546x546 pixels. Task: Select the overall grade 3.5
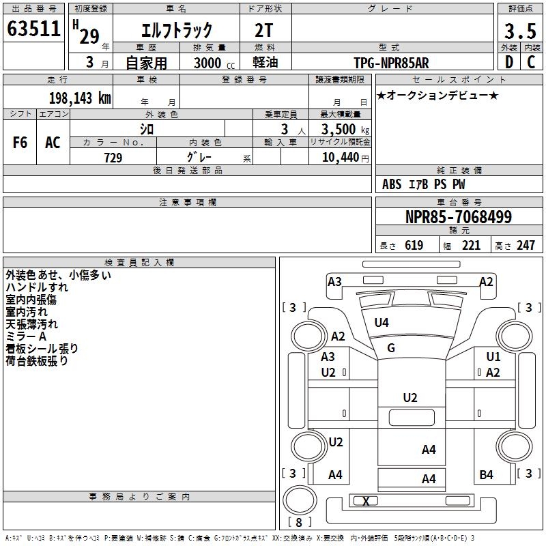pyautogui.click(x=519, y=31)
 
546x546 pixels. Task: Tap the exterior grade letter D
pyautogui.click(x=508, y=62)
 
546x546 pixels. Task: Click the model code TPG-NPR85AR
pyautogui.click(x=391, y=63)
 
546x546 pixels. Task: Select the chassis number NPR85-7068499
pyautogui.click(x=458, y=217)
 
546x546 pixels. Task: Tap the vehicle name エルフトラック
pyautogui.click(x=177, y=31)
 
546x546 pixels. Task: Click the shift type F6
pyautogui.click(x=20, y=143)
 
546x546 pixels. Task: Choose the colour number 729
pyautogui.click(x=113, y=158)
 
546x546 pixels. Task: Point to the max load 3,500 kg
pyautogui.click(x=345, y=129)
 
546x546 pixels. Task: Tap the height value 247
pyautogui.click(x=525, y=246)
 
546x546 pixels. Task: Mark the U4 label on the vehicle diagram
pyautogui.click(x=382, y=323)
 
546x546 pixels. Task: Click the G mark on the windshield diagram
pyautogui.click(x=391, y=349)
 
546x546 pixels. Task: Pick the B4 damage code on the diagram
pyautogui.click(x=486, y=475)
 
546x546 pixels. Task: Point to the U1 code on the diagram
pyautogui.click(x=493, y=357)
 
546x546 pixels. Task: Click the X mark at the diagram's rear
pyautogui.click(x=367, y=502)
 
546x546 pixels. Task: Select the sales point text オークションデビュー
pyautogui.click(x=437, y=95)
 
